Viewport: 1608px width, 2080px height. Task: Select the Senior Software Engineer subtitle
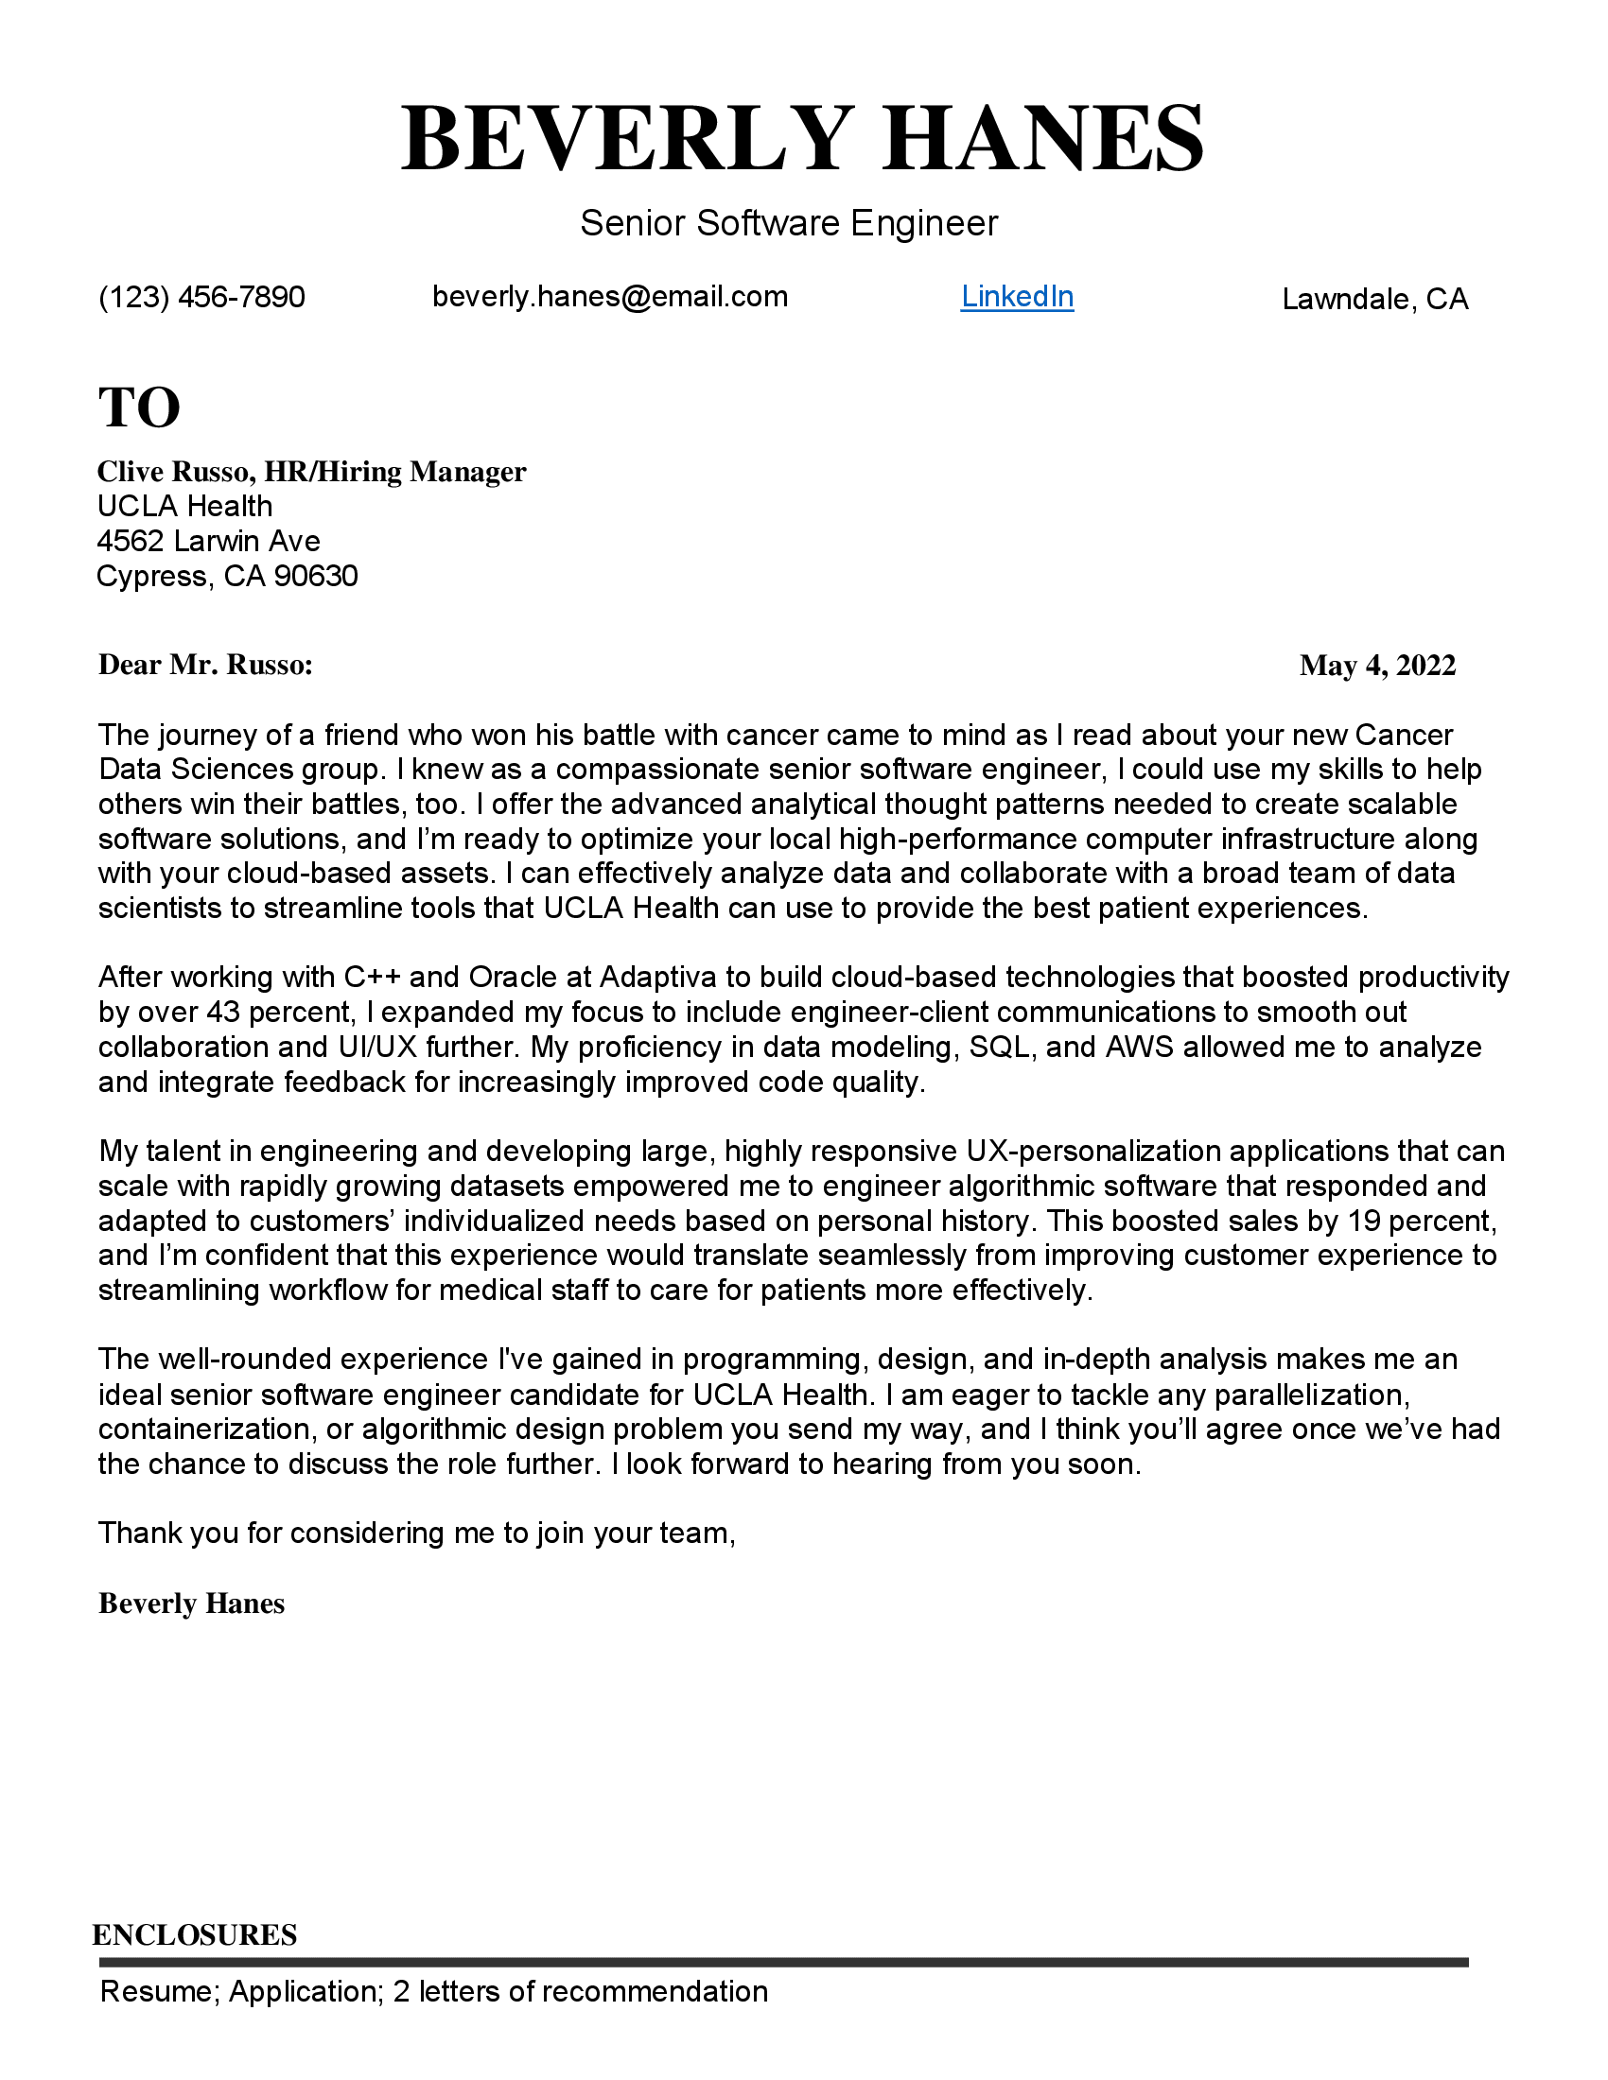(x=789, y=224)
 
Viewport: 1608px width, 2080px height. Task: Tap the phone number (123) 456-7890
(x=202, y=297)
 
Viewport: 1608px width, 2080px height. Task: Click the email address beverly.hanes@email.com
(x=610, y=297)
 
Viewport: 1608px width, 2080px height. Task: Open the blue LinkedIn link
(x=1017, y=297)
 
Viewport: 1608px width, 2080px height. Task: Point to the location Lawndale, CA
(x=1374, y=300)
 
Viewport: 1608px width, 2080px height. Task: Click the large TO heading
(x=139, y=407)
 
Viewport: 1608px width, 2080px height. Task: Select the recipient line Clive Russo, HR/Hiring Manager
(x=311, y=472)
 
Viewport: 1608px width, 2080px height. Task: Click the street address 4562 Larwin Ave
(x=209, y=541)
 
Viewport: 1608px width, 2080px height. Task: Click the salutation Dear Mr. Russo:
(x=206, y=665)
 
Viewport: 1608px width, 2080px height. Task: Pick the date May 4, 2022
(x=1377, y=665)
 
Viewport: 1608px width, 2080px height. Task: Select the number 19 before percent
(x=1364, y=1221)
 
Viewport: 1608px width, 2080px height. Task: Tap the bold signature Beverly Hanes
(x=191, y=1603)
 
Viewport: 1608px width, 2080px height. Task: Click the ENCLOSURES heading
(x=194, y=1935)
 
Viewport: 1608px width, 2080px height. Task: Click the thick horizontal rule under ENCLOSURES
(x=783, y=1963)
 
